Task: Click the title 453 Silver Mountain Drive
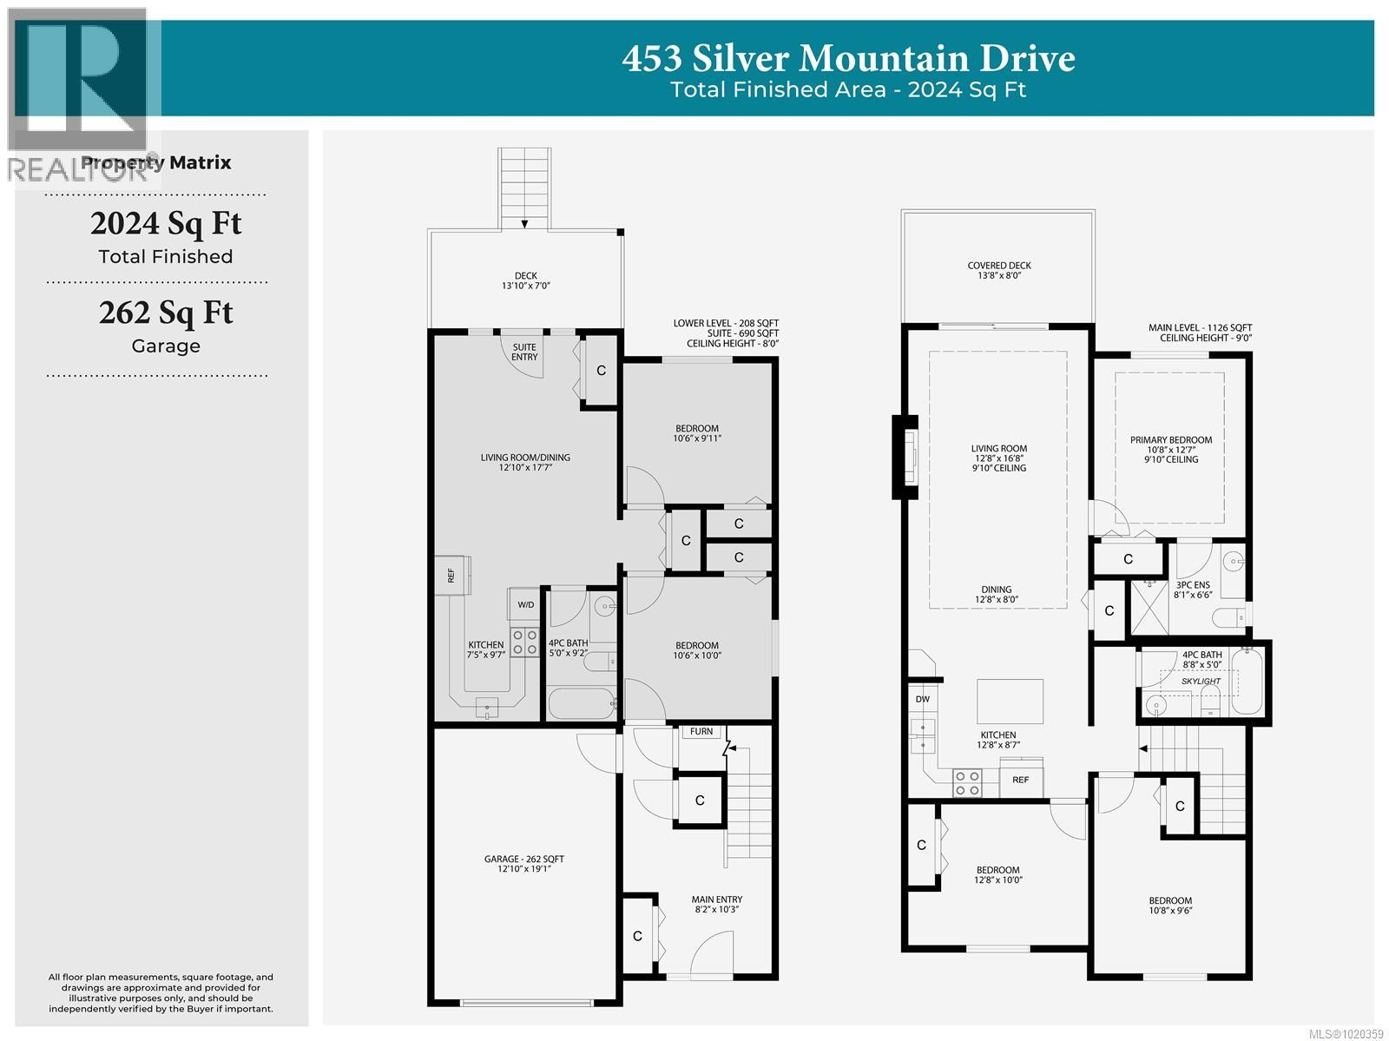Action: click(848, 59)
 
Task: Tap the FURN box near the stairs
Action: click(701, 732)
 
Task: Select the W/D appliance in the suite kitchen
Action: click(526, 604)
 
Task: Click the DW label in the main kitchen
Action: click(922, 698)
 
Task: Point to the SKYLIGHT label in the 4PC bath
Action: click(1201, 682)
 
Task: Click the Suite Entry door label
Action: click(524, 352)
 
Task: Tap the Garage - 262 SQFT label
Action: click(524, 860)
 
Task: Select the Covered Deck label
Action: click(999, 266)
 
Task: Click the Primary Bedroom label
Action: click(1170, 440)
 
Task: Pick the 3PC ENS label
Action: click(1192, 585)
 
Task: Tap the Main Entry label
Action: click(716, 899)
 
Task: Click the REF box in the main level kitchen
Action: click(1021, 780)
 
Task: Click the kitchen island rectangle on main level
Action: click(1010, 701)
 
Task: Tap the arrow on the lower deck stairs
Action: click(525, 224)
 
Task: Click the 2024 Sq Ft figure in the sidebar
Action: click(166, 223)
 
